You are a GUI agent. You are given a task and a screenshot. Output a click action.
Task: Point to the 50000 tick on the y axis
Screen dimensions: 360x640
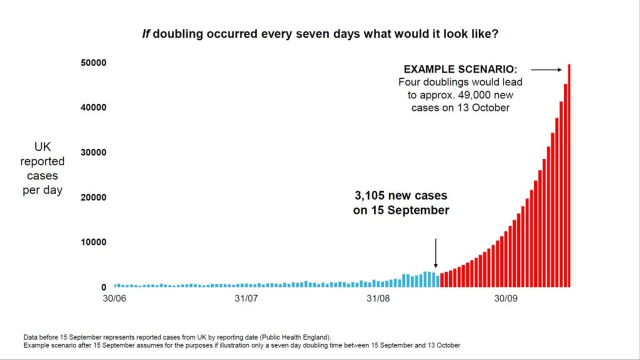coord(93,62)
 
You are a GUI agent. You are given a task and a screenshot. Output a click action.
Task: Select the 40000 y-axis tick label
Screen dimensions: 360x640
coord(93,107)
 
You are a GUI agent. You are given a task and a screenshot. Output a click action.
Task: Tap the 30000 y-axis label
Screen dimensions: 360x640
coord(93,152)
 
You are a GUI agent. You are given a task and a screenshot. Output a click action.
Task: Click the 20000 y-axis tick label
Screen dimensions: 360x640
coord(93,197)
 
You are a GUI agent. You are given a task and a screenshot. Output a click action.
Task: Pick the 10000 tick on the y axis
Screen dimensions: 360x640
coord(93,242)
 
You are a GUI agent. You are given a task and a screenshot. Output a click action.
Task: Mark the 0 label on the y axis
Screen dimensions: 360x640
coord(103,287)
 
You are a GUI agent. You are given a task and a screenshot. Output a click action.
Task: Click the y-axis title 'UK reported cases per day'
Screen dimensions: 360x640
coord(42,168)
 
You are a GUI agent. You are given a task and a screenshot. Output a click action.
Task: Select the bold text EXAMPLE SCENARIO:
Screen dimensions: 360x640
coord(460,69)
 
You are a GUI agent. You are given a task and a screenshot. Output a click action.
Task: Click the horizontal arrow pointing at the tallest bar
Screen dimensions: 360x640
coord(546,70)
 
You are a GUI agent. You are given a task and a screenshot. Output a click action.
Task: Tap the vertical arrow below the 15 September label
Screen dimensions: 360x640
coord(435,253)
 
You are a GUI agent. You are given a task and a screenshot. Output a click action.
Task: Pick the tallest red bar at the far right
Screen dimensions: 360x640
coord(569,175)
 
